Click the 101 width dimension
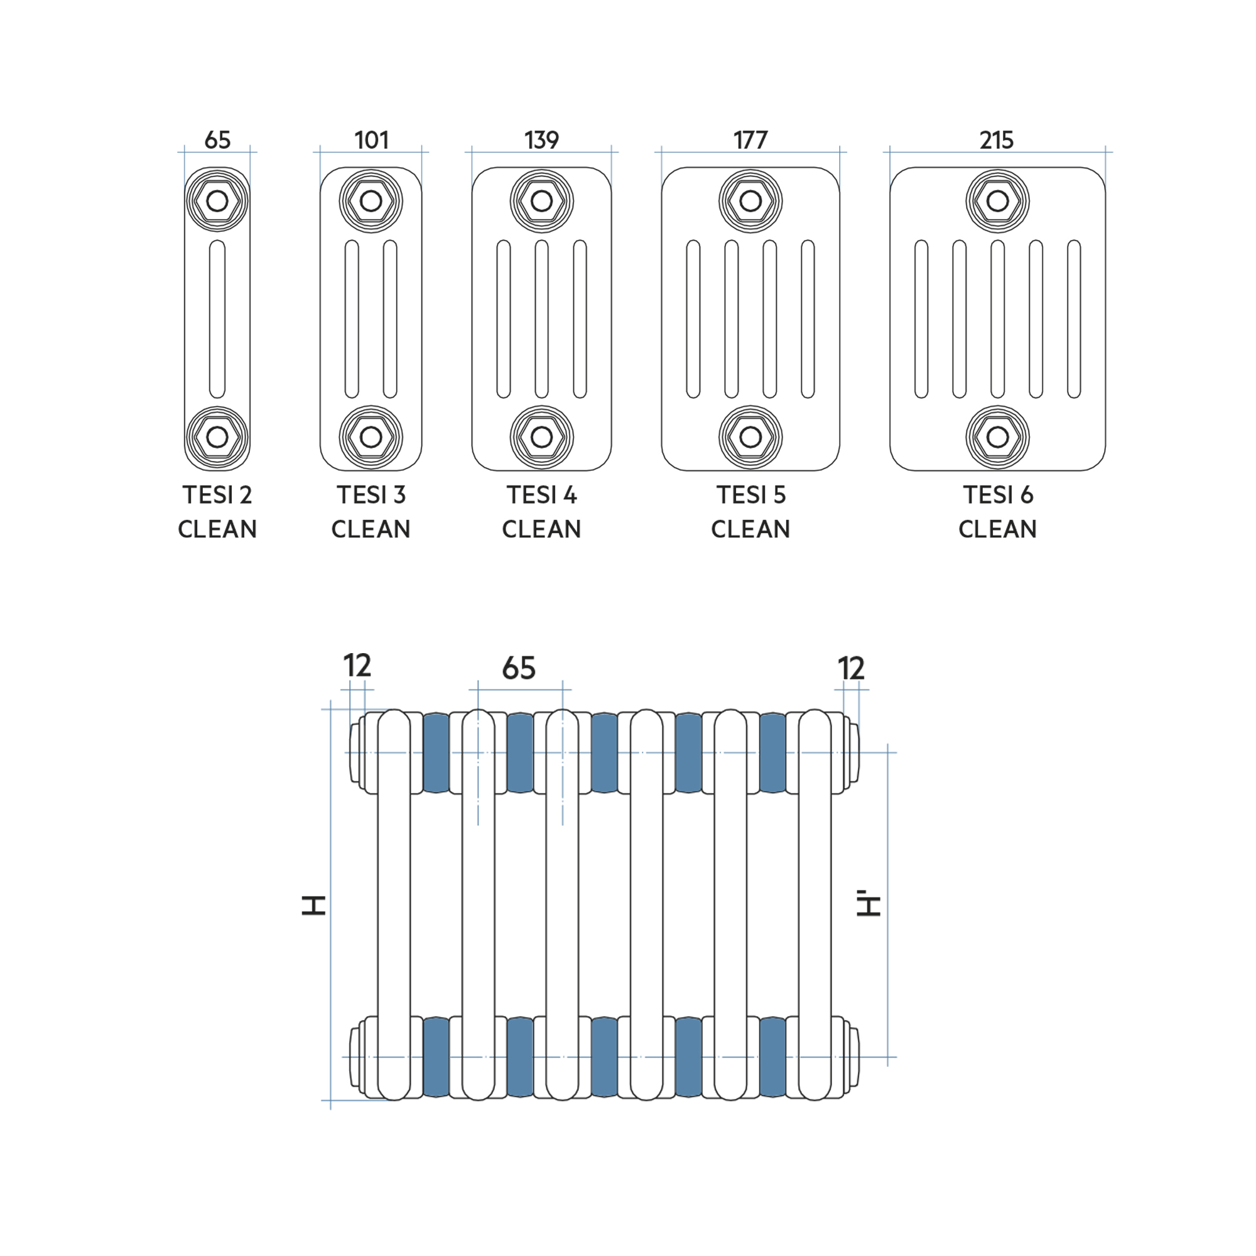(x=371, y=140)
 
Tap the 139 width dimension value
(x=541, y=140)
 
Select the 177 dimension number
(x=750, y=140)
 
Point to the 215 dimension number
(x=997, y=140)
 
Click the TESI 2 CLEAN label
(x=217, y=512)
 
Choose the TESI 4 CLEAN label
(x=541, y=512)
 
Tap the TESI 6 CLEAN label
(x=997, y=512)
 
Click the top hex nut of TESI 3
(x=371, y=202)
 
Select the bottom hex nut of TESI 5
(x=751, y=438)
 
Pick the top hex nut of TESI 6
(x=998, y=202)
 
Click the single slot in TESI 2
(x=217, y=319)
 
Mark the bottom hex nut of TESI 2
(x=217, y=438)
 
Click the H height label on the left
(x=313, y=905)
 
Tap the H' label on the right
(x=869, y=904)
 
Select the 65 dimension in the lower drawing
(x=519, y=668)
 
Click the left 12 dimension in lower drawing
(x=357, y=666)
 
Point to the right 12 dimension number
(x=851, y=668)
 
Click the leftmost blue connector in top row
(x=436, y=753)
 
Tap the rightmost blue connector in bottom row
(x=773, y=1057)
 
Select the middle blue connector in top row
(x=605, y=753)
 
